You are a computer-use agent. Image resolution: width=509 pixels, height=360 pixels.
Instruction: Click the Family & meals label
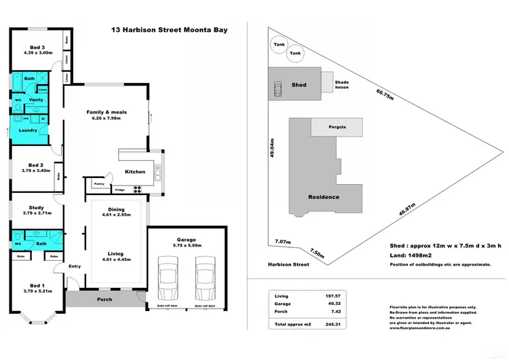(x=107, y=112)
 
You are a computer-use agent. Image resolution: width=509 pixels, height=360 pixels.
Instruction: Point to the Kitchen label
(x=134, y=172)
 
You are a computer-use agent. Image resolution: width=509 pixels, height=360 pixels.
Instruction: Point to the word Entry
(x=75, y=266)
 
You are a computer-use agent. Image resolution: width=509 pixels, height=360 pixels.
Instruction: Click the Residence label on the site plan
(x=324, y=197)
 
